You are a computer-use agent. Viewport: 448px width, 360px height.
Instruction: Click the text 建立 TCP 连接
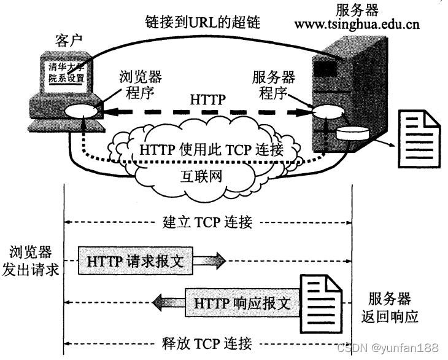208,221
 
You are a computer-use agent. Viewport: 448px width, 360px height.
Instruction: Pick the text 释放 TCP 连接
208,343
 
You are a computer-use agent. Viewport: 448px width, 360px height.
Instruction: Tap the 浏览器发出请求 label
31,260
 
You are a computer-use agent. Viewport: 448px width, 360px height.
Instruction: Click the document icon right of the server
419,135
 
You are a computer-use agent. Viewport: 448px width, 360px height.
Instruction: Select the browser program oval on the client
82,112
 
